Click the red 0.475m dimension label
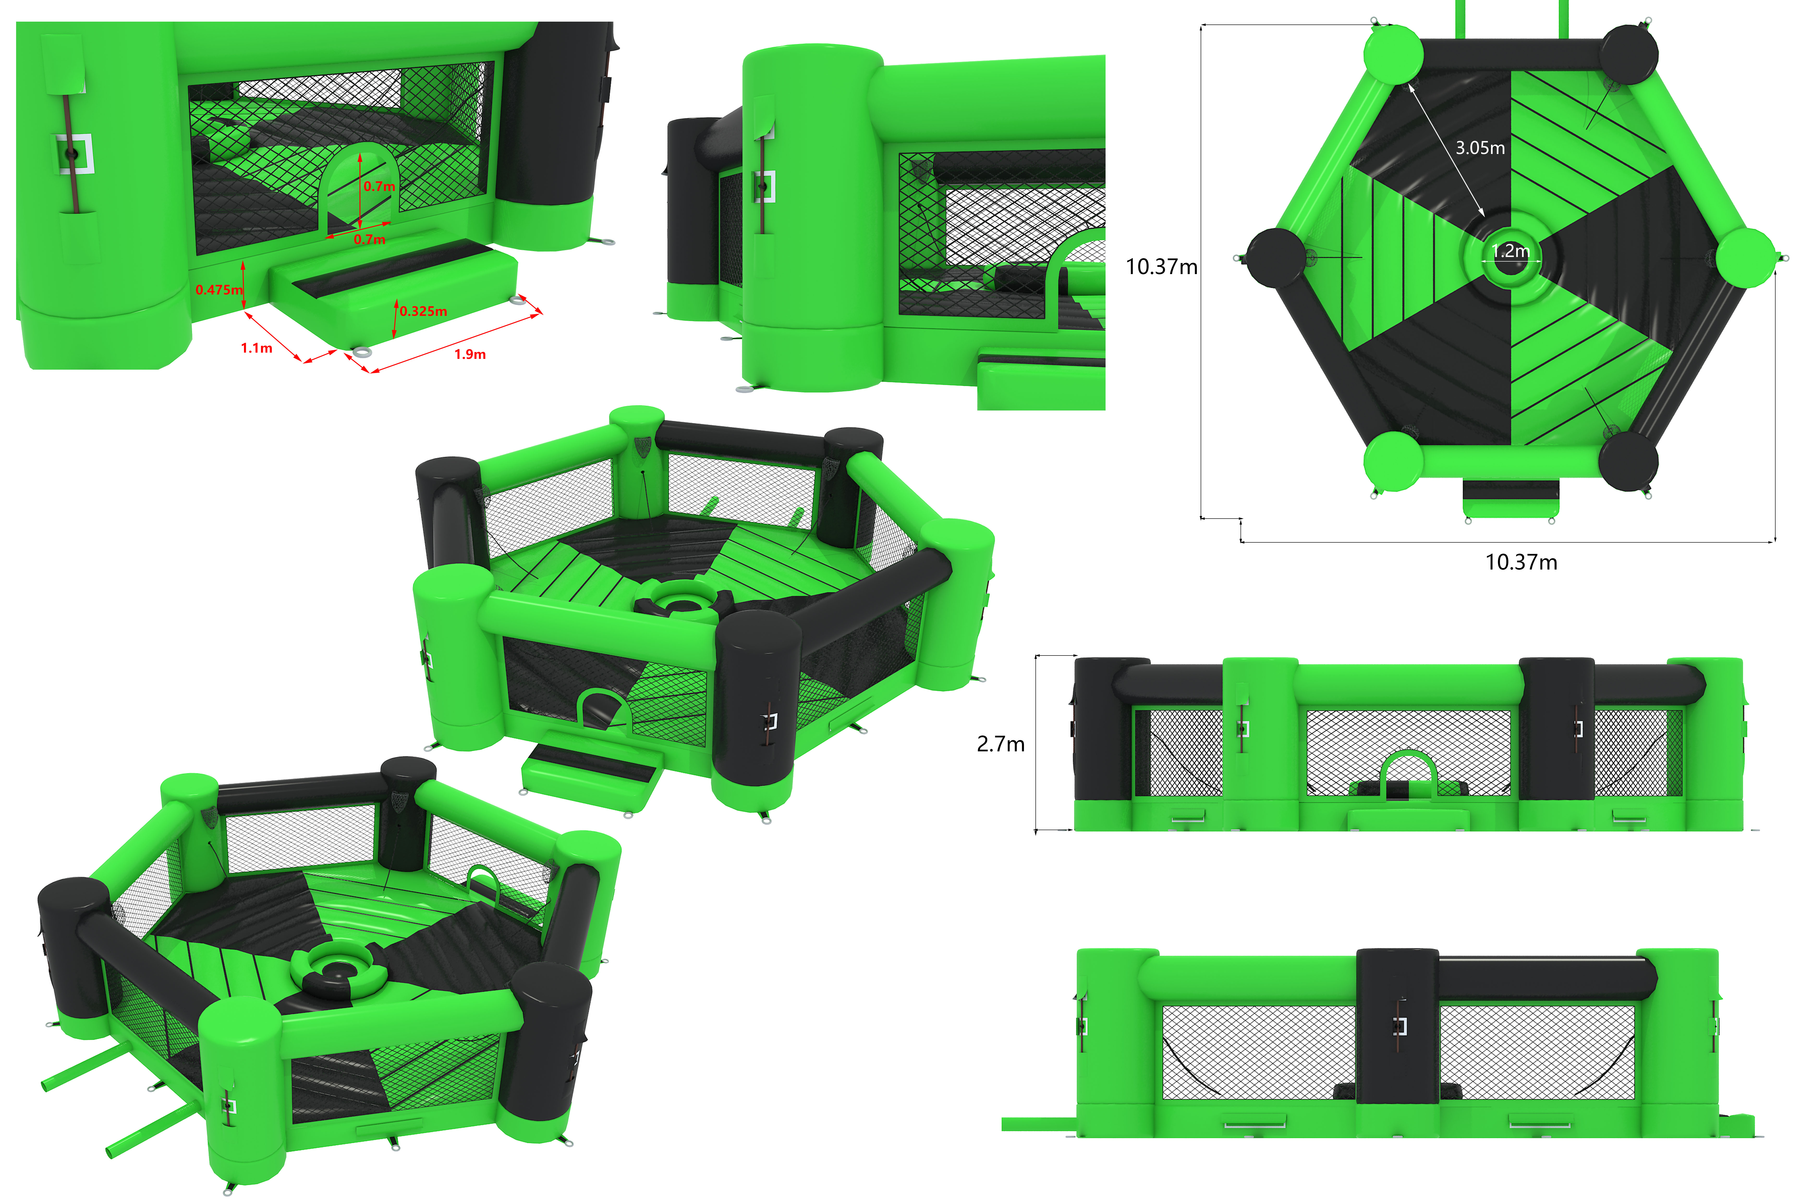pos(219,289)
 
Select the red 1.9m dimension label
pos(470,354)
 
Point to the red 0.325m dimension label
pos(423,311)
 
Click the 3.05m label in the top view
pos(1480,148)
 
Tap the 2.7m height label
pos(1001,744)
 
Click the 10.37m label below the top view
pos(1521,562)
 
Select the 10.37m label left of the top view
pos(1162,267)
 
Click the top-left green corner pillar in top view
pos(1394,54)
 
